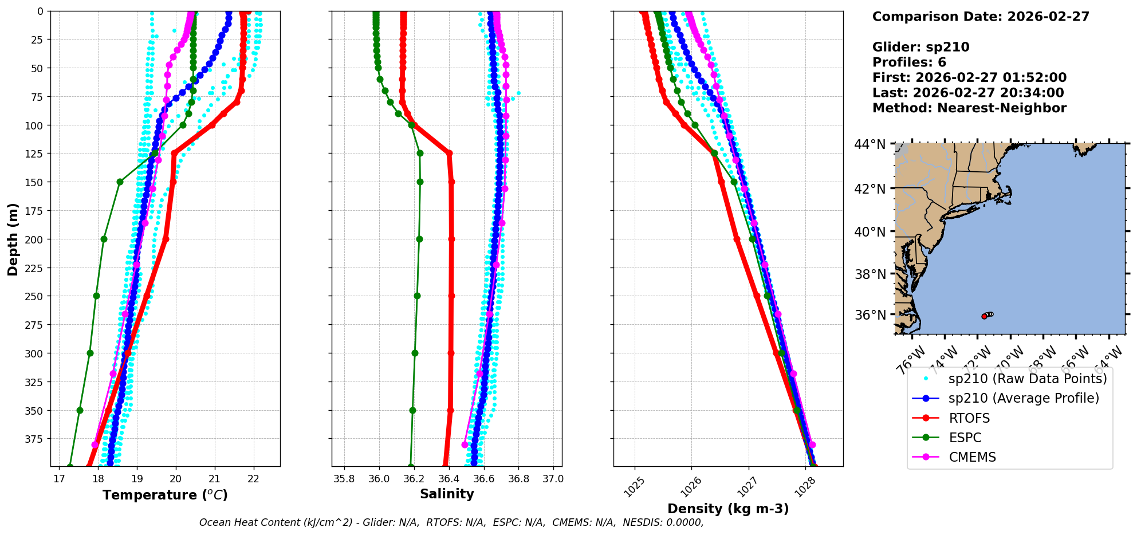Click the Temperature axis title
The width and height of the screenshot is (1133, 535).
click(165, 495)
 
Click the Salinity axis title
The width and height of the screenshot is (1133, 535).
click(447, 494)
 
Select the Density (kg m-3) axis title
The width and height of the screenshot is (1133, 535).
click(728, 509)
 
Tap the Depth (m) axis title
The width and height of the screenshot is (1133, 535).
click(13, 239)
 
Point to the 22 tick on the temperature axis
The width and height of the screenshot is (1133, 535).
click(253, 479)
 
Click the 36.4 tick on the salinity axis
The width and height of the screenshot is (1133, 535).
click(449, 479)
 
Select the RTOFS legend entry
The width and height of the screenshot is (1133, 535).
click(969, 418)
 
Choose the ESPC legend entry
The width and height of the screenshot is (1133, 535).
click(965, 438)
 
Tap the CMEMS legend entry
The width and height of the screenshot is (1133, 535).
click(972, 457)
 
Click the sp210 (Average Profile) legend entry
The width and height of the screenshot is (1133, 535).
click(1024, 398)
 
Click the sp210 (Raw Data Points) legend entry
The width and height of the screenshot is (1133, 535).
click(1028, 379)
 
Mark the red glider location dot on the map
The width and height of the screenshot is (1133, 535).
click(984, 316)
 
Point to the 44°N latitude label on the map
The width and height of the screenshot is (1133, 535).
click(870, 144)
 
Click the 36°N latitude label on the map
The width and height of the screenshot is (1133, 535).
click(870, 315)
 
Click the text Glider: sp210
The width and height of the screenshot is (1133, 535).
click(920, 47)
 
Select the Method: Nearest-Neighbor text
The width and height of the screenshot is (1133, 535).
click(969, 108)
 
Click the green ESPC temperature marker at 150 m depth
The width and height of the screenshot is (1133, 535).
click(120, 182)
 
